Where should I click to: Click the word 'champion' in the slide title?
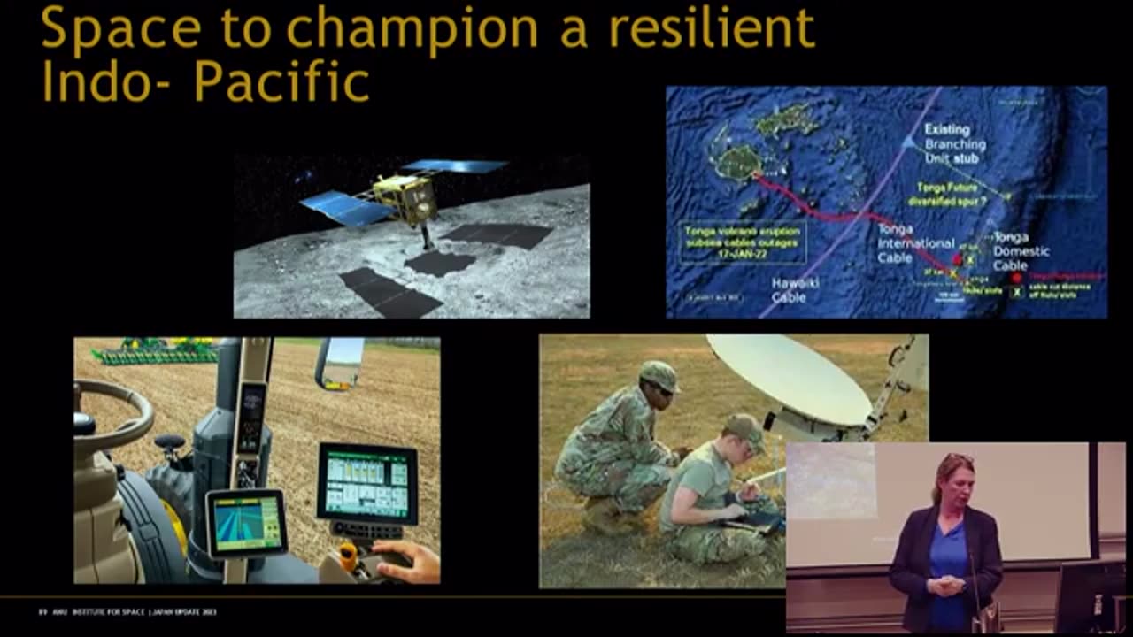(412, 28)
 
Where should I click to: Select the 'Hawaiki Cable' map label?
(789, 291)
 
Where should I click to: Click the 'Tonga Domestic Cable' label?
(1020, 251)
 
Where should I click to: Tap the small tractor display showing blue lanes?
(246, 524)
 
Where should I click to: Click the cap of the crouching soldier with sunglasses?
(659, 375)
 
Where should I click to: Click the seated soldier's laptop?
(752, 522)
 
